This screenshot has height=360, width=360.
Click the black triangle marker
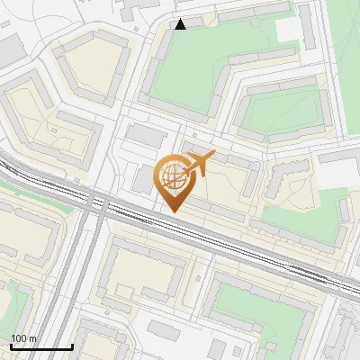[x=181, y=24]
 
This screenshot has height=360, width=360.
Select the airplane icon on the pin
[x=199, y=164]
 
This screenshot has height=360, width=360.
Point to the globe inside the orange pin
[x=172, y=175]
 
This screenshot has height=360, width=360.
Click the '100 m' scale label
[x=23, y=338]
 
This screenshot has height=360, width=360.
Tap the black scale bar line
[x=41, y=346]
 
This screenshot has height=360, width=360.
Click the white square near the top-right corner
[x=289, y=30]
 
